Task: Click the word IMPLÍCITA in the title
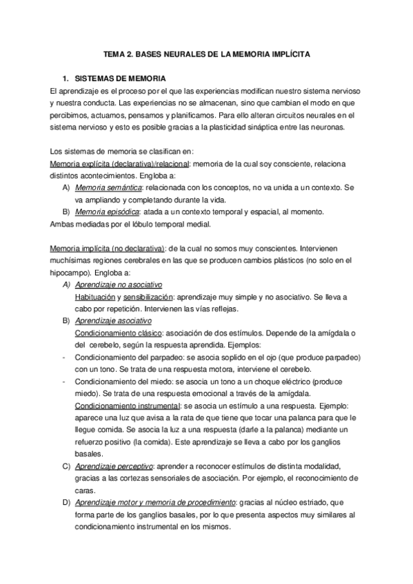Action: pos(290,52)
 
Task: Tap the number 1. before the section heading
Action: pos(68,79)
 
